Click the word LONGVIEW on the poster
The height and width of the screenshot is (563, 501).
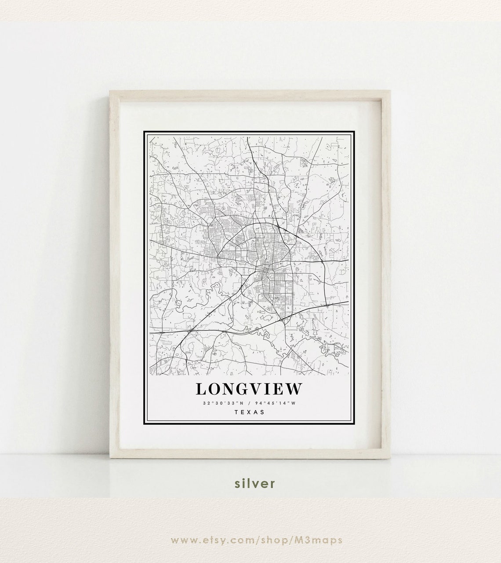(x=249, y=389)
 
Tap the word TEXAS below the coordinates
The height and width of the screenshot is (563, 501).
(x=250, y=412)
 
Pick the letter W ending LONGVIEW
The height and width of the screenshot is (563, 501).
(x=295, y=389)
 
